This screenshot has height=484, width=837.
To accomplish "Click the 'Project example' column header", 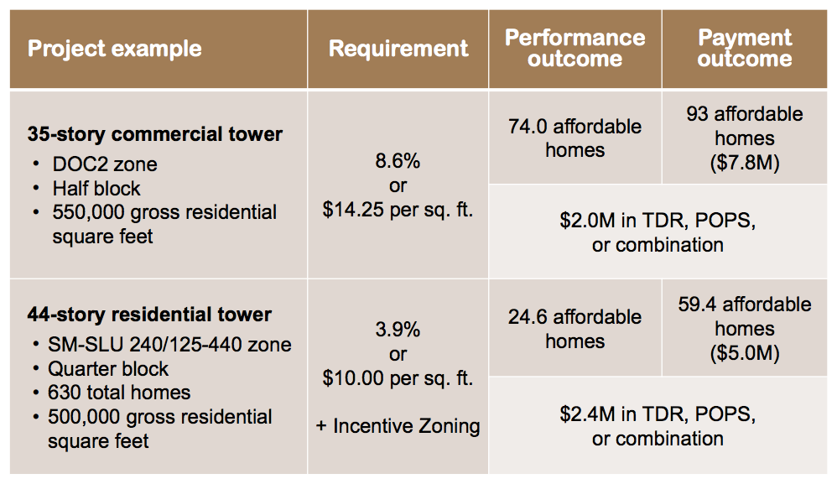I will (115, 48).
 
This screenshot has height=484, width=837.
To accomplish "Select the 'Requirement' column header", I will (398, 48).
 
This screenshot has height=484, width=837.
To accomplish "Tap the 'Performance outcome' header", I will (574, 48).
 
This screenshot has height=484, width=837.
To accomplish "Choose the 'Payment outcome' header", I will (745, 48).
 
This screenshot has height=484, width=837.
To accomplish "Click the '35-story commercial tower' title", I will (155, 134).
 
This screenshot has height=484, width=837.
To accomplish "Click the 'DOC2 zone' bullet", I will (105, 164).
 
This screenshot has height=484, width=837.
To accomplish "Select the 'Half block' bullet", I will (96, 189).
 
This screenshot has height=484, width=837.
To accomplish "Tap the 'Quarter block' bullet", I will (108, 369).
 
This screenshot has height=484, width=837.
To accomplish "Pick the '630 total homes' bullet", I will (119, 393).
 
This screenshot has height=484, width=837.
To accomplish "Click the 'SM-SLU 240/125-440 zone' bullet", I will (169, 345).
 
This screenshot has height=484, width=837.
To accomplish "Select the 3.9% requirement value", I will (398, 330).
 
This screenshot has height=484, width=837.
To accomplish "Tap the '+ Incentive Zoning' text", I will (398, 426).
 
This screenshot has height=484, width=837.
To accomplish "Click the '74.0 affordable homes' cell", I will (574, 138).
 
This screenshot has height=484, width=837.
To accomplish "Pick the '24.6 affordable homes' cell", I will (574, 329).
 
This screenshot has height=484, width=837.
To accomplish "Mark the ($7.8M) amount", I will (745, 162).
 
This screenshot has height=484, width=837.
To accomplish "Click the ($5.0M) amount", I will (745, 353).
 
